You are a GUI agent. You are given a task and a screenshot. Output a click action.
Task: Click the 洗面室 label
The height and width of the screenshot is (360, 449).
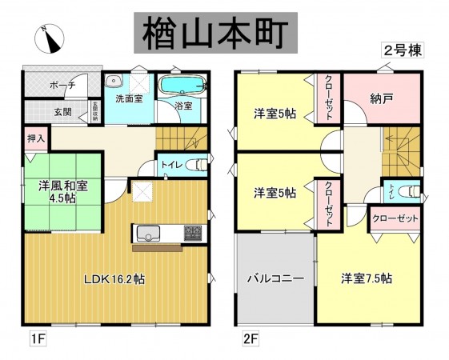128,100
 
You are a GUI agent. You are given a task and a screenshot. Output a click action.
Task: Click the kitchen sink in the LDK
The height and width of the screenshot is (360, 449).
150,233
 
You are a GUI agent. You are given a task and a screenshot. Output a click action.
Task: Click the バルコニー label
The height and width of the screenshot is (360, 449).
275,279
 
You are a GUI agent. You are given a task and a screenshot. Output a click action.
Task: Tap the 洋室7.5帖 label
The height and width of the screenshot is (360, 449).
366,278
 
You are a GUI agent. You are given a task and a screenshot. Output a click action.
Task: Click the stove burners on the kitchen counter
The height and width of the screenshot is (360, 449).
193,233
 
